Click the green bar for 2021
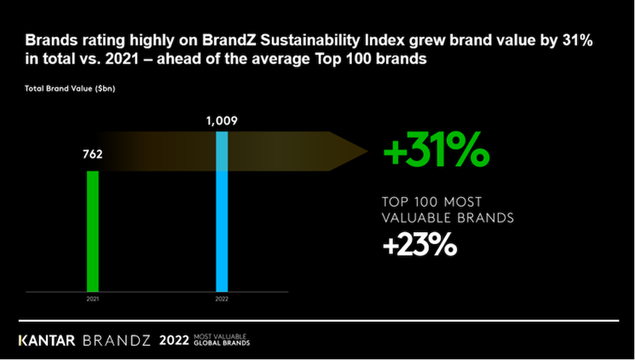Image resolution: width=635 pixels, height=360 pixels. click(92, 231)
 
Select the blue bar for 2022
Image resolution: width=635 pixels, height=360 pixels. click(222, 212)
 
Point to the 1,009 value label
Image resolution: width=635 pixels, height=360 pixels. click(222, 120)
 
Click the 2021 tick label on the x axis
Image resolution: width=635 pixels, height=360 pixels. click(92, 299)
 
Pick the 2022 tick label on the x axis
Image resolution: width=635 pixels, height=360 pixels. click(222, 299)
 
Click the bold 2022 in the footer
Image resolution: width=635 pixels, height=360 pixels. click(174, 340)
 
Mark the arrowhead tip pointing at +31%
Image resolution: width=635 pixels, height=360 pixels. click(368, 150)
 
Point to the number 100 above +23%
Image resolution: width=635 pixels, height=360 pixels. click(430, 202)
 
